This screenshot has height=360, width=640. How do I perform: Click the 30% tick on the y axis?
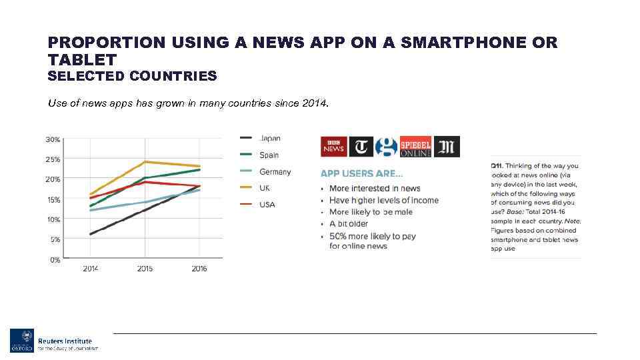point(53,140)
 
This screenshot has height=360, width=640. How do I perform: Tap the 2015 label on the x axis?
point(145,269)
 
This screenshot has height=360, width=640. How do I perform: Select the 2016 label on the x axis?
point(199,269)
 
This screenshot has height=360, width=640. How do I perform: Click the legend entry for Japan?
point(269,139)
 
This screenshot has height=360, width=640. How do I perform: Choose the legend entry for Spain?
point(269,155)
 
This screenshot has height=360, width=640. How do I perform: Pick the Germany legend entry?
point(275,172)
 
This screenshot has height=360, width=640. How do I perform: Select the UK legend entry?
point(265,188)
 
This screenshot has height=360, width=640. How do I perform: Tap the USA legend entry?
point(267,205)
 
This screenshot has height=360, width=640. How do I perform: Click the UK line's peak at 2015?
point(145,162)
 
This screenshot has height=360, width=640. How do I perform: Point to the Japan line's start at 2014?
point(91,234)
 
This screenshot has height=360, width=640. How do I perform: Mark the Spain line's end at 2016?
point(199,170)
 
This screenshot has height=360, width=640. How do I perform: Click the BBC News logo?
point(333,147)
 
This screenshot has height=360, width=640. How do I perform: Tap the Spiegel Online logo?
point(415,147)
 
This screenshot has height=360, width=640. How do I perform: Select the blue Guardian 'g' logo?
point(386,147)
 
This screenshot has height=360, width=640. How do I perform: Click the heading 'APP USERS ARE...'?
point(361,173)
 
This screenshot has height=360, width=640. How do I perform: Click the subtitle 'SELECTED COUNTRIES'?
point(132,76)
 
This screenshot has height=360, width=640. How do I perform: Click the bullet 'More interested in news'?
point(375,189)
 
